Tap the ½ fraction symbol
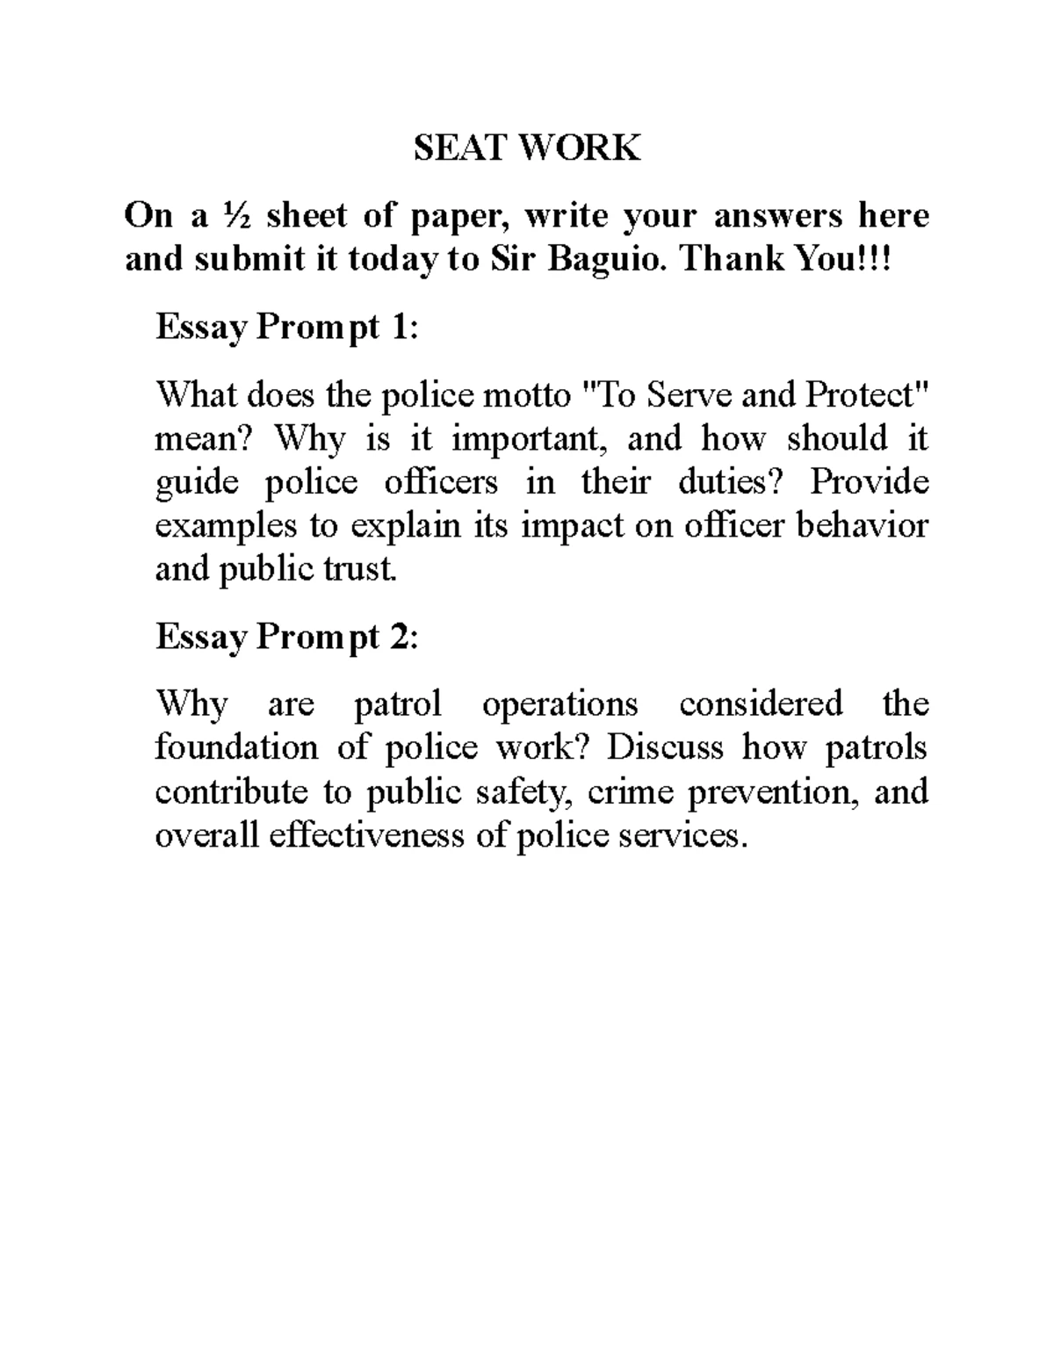[x=235, y=215]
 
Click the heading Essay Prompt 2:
[x=287, y=636]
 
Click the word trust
[x=363, y=569]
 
